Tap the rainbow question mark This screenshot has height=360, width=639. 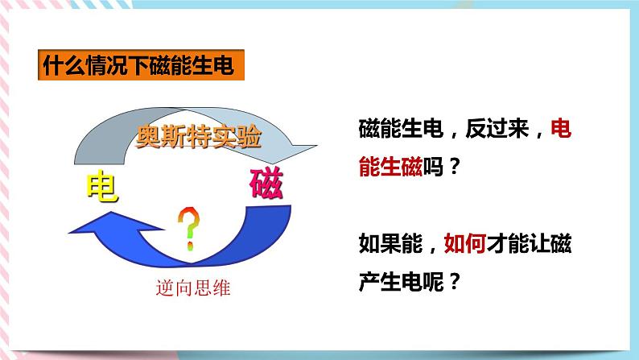pos(189,226)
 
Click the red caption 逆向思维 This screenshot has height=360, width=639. pos(192,288)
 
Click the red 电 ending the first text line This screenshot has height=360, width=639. pos(560,129)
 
